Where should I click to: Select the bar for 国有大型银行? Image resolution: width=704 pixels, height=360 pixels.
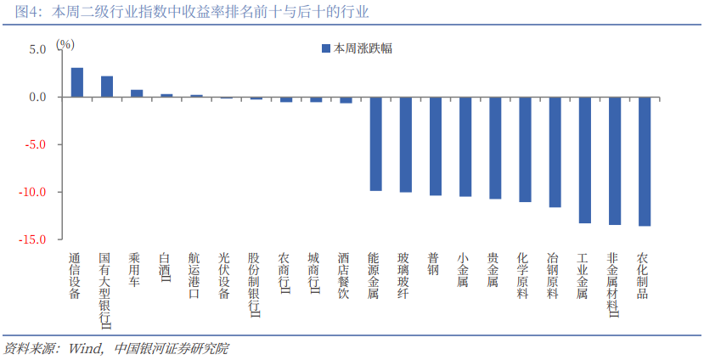tap(107, 87)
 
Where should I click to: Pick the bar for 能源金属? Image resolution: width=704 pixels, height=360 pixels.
tap(375, 143)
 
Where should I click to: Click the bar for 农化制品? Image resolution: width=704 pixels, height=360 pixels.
tap(645, 161)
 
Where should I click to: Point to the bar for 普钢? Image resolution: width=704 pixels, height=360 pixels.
tap(435, 146)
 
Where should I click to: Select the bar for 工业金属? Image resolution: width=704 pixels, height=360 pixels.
tap(584, 160)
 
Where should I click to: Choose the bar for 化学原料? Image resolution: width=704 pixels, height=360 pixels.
tap(525, 149)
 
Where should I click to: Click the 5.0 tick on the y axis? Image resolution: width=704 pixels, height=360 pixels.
tap(37, 49)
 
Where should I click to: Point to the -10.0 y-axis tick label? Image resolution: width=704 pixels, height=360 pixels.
tap(35, 193)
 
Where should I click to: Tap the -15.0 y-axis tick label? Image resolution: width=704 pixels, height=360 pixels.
tap(35, 240)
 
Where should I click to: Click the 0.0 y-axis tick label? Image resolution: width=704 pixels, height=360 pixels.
tap(37, 97)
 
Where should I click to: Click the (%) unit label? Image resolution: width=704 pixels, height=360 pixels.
tap(65, 43)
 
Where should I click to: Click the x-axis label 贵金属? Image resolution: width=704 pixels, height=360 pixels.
tap(495, 269)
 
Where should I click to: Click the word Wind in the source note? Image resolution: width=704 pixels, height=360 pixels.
tap(85, 348)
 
